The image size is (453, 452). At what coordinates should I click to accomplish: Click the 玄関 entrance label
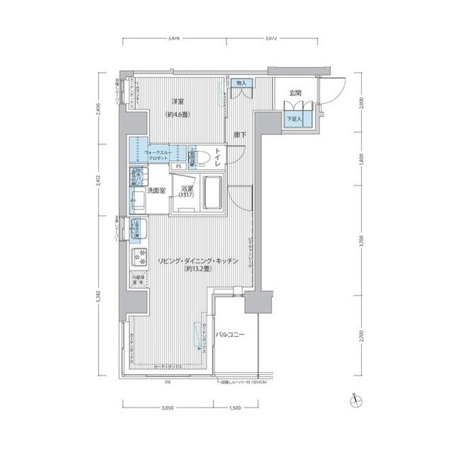tap(296, 93)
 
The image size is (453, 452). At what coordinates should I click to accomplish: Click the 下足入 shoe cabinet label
tap(293, 120)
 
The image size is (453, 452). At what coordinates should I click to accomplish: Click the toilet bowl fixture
tap(200, 156)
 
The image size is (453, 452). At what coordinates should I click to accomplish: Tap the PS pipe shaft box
tap(179, 166)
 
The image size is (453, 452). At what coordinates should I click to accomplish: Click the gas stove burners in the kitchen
tap(139, 255)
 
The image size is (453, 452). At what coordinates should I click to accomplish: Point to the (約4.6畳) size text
tap(178, 115)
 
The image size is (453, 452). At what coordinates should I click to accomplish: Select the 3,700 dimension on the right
tap(362, 241)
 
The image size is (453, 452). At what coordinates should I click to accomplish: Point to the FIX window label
tap(168, 382)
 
